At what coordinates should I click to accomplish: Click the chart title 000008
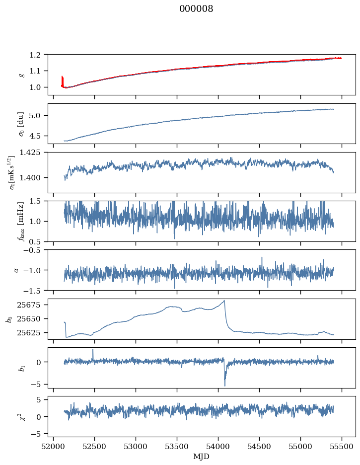pyautogui.click(x=196, y=9)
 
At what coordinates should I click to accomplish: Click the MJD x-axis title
pyautogui.click(x=202, y=456)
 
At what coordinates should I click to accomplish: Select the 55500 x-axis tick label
pyautogui.click(x=342, y=447)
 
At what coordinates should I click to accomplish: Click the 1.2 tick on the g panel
pyautogui.click(x=39, y=55)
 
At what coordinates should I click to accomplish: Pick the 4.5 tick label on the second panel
pyautogui.click(x=39, y=136)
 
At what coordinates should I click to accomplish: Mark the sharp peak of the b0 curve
pyautogui.click(x=224, y=300)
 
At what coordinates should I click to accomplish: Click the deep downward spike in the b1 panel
pyautogui.click(x=224, y=385)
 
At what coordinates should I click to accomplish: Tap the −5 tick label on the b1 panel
pyautogui.click(x=40, y=385)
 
